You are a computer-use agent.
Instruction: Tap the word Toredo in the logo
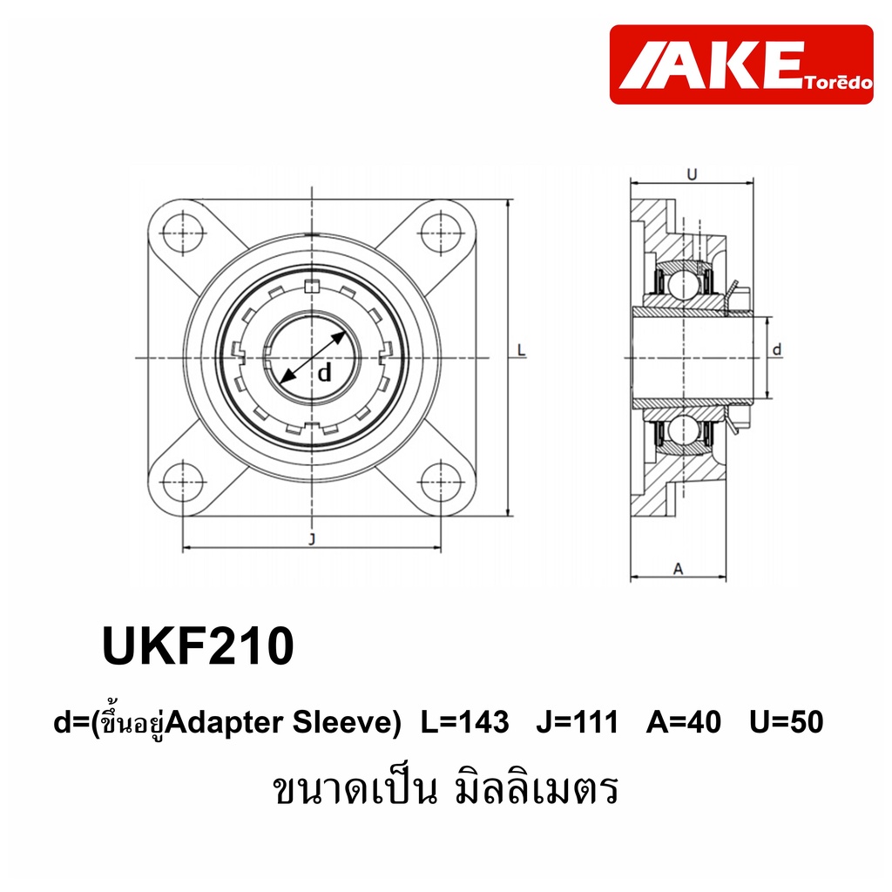pyautogui.click(x=839, y=83)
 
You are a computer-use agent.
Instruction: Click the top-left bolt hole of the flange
pyautogui.click(x=183, y=233)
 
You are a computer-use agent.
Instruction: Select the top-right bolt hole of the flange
pyautogui.click(x=441, y=233)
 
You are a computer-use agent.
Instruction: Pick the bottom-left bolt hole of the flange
pyautogui.click(x=183, y=483)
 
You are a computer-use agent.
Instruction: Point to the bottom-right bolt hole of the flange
pyautogui.click(x=441, y=483)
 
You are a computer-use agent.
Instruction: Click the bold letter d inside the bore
pyautogui.click(x=324, y=373)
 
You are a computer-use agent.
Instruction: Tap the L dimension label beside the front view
pyautogui.click(x=521, y=350)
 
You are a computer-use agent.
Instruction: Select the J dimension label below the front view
pyautogui.click(x=312, y=538)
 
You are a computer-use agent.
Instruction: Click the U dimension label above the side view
pyautogui.click(x=692, y=174)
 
